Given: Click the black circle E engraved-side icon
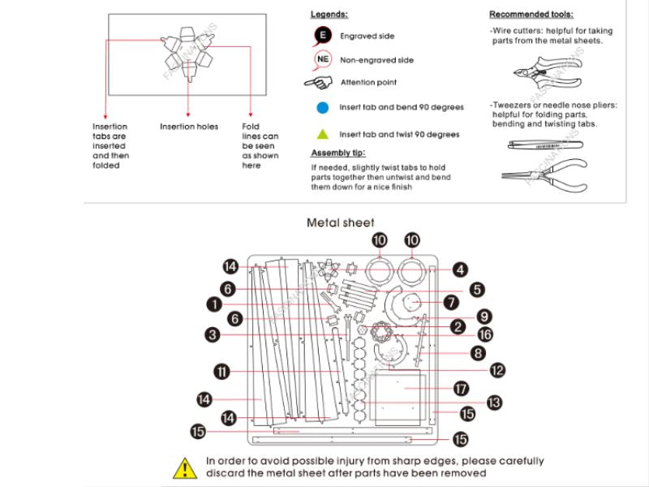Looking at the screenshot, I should coord(323,37).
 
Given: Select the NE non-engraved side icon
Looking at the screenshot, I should coord(323,59).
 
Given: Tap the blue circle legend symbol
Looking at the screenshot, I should coord(323,107).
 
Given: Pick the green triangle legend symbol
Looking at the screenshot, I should coord(323,134).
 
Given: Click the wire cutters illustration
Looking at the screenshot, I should coord(542,74).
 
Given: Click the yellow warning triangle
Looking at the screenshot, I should coord(186,468).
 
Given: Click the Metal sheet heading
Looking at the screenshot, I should coord(341,222).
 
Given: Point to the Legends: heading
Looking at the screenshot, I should coord(329,15).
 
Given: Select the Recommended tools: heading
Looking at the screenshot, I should coord(531,15).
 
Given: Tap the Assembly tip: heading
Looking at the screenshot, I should coord(338,153).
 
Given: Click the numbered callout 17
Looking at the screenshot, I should coord(462,388).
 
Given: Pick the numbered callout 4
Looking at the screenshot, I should coord(460,269).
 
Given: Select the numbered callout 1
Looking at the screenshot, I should coord(213,304).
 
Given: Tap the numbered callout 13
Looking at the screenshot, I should coord(493,402).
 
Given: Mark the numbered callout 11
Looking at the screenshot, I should coord(221,371).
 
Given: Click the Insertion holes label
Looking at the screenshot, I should coord(189,127).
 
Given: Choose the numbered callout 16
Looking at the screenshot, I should coord(484,334).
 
